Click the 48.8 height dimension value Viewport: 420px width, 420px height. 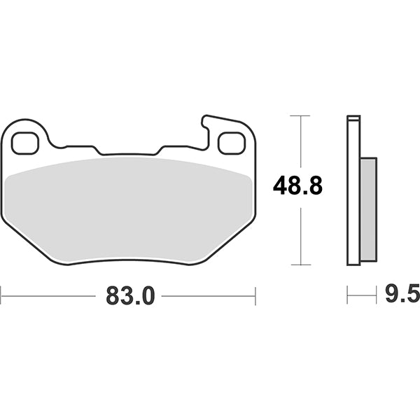tap(297, 185)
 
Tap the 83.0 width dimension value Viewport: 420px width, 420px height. tap(130, 295)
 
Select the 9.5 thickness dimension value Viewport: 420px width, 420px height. tap(402, 293)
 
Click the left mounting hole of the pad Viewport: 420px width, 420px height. tap(25, 143)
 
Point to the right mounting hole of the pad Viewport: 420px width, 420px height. tap(232, 143)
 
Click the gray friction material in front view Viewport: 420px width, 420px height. tap(129, 209)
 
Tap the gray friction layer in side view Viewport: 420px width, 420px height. tap(369, 209)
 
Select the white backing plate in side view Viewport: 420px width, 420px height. tap(353, 190)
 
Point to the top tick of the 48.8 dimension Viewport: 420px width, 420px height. tap(300, 115)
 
